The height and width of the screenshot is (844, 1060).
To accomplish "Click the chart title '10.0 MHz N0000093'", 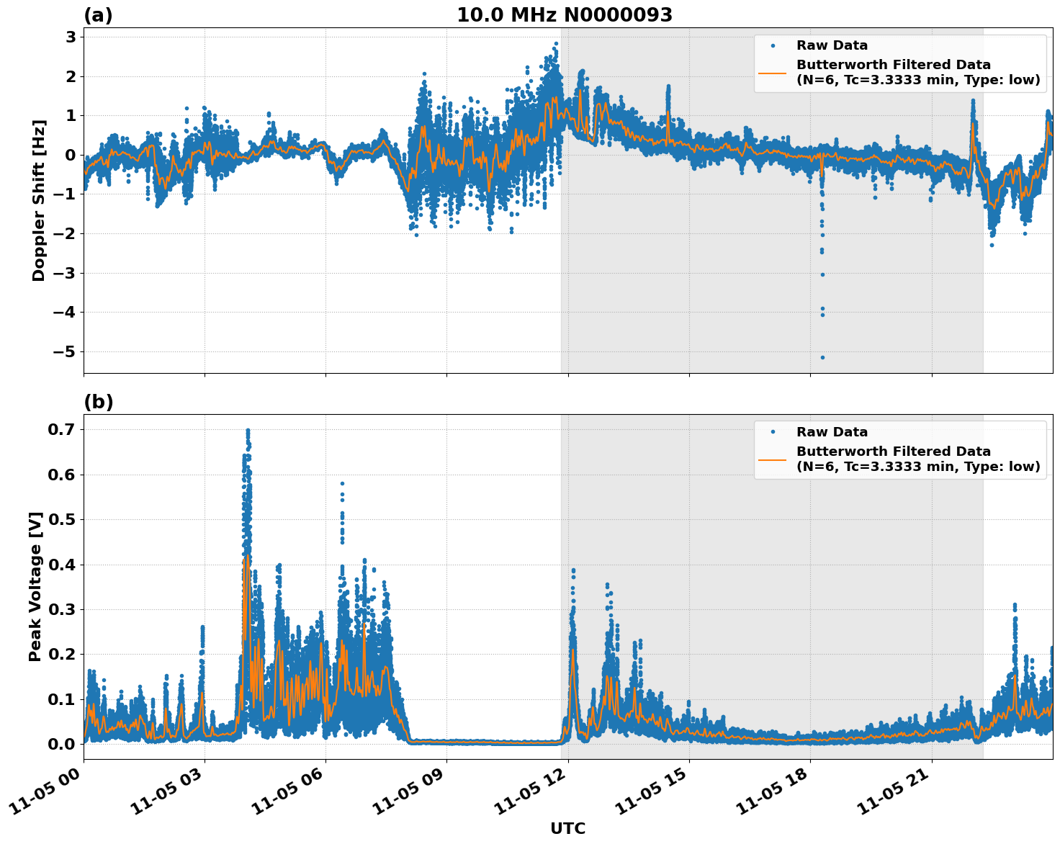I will [565, 15].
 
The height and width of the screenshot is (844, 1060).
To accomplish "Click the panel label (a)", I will [98, 15].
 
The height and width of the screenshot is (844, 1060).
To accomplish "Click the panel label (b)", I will [98, 402].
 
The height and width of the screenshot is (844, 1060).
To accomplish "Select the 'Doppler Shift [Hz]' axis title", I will [39, 200].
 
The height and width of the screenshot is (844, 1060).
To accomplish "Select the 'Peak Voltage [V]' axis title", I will [35, 586].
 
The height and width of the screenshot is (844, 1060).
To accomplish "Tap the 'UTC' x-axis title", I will [567, 829].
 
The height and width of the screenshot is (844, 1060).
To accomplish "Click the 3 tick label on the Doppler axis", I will [71, 37].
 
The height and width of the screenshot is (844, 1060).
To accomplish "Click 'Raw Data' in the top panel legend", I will [832, 46].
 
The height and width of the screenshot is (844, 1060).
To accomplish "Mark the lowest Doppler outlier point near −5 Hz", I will [822, 357].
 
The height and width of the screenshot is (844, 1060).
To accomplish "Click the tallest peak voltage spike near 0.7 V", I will [248, 431].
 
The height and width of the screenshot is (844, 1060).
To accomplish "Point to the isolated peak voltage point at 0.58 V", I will [342, 484].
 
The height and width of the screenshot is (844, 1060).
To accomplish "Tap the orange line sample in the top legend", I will [773, 72].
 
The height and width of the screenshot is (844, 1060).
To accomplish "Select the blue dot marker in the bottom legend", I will [773, 432].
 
